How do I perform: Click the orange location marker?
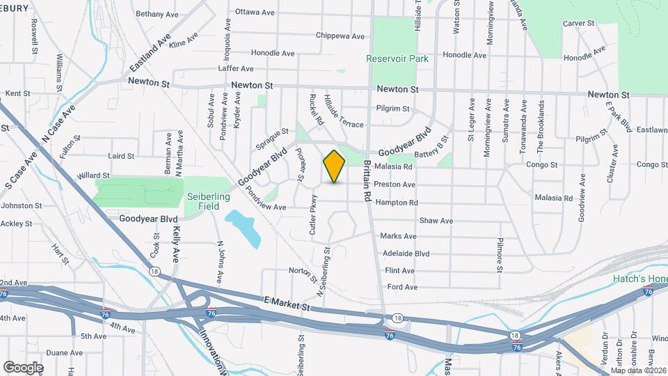335,166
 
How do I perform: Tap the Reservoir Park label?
397,59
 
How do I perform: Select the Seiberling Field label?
208,201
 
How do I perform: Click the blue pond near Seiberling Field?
243,228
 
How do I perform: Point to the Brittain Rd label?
367,182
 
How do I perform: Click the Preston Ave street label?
395,185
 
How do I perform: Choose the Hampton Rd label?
396,203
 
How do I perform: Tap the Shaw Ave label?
436,221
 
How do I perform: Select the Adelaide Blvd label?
406,253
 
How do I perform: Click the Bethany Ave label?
157,14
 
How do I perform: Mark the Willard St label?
93,176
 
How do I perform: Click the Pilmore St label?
500,253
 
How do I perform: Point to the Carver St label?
578,23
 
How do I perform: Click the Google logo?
23,367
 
